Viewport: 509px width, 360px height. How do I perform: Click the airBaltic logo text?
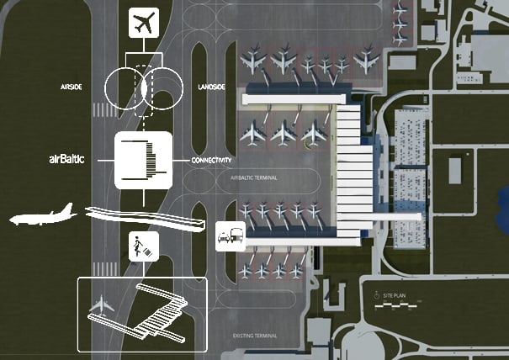click(71, 158)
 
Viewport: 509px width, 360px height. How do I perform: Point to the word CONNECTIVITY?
click(211, 161)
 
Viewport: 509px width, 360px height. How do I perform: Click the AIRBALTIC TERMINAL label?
click(253, 178)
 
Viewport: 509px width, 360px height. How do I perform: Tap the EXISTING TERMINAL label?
click(255, 336)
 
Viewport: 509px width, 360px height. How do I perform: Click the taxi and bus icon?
click(231, 236)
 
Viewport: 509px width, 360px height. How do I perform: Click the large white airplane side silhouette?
click(44, 216)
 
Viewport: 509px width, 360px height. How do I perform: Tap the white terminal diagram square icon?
click(143, 160)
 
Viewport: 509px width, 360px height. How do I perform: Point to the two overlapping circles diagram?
click(144, 87)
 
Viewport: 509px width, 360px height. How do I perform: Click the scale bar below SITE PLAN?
click(395, 308)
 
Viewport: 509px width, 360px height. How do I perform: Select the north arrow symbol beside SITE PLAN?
click(375, 296)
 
